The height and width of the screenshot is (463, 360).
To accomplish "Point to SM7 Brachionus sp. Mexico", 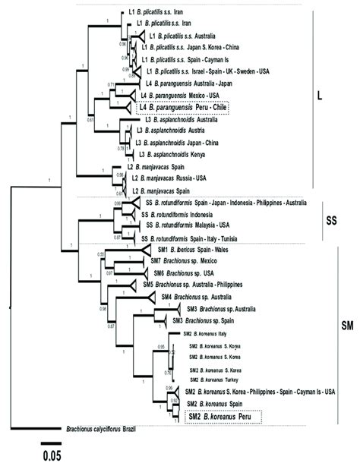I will (193, 260).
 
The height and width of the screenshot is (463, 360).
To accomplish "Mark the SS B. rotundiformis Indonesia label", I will (189, 214).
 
